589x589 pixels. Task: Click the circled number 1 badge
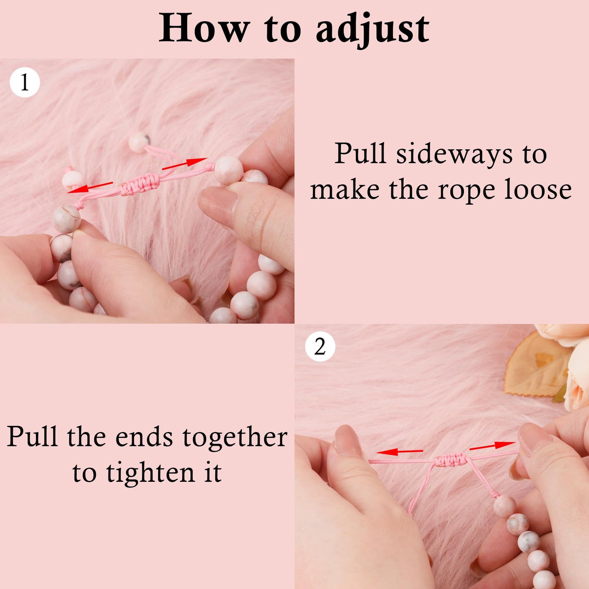coord(25,82)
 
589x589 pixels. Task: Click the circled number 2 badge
coord(320,347)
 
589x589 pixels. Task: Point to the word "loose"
coord(538,190)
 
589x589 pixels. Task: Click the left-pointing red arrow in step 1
coord(90,188)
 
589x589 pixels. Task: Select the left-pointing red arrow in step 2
coord(399,452)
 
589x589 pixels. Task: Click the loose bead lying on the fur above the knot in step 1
coord(139,142)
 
